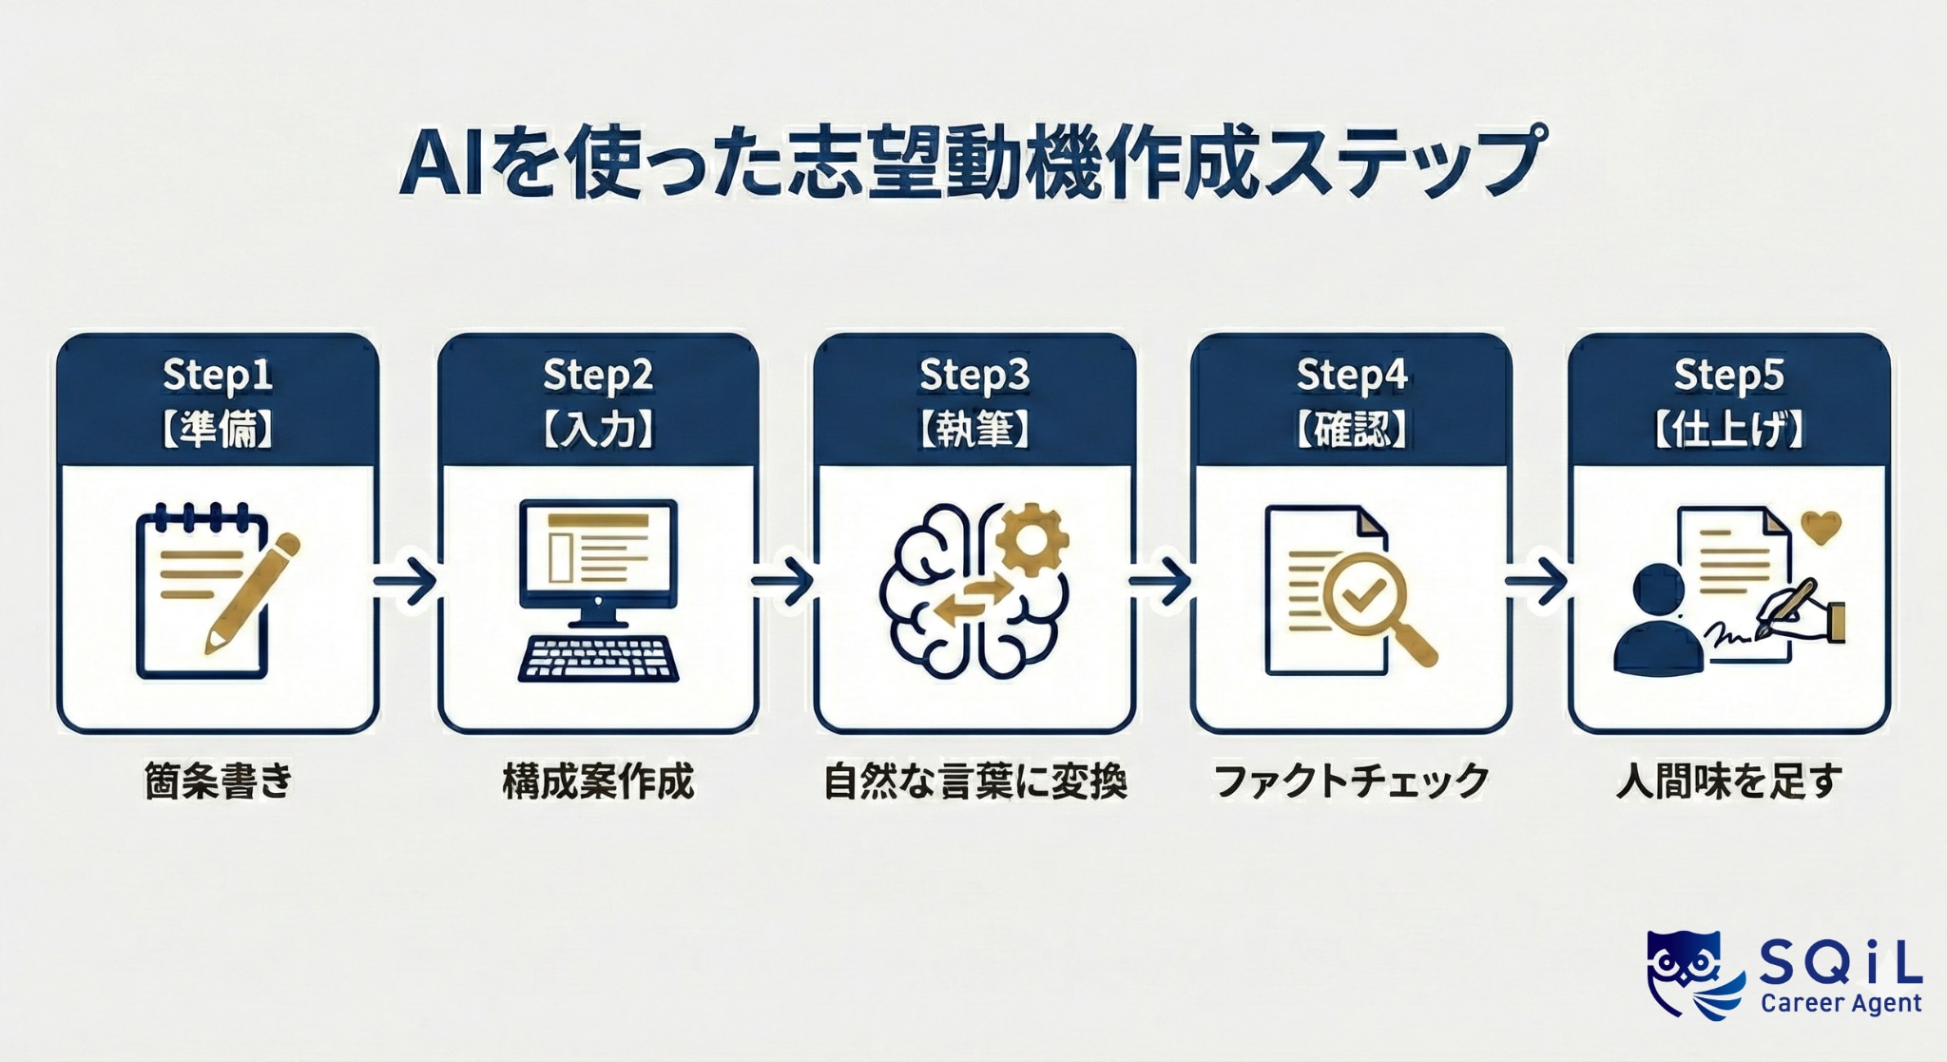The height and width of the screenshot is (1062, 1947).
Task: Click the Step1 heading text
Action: [218, 376]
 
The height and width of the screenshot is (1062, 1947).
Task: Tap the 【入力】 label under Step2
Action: [598, 430]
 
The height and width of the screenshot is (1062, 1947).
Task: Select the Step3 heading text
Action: [974, 376]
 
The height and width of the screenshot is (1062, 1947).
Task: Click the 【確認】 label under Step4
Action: [1351, 430]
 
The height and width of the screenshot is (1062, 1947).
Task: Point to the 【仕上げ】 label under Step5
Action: [1728, 430]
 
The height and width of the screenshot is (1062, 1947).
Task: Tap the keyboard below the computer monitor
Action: [598, 658]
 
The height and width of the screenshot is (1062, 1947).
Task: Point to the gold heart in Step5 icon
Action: [1822, 527]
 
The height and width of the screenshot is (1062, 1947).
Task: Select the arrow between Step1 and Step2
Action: [406, 579]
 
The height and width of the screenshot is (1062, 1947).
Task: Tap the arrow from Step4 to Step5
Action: [1536, 579]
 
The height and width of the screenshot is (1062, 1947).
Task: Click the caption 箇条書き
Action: [219, 782]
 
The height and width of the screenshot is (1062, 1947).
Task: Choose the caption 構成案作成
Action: [598, 782]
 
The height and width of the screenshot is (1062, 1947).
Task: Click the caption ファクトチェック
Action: [1351, 782]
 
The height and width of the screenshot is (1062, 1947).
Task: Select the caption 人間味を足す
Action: [1728, 782]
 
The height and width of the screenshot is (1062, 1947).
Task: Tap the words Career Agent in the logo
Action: [1841, 1003]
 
